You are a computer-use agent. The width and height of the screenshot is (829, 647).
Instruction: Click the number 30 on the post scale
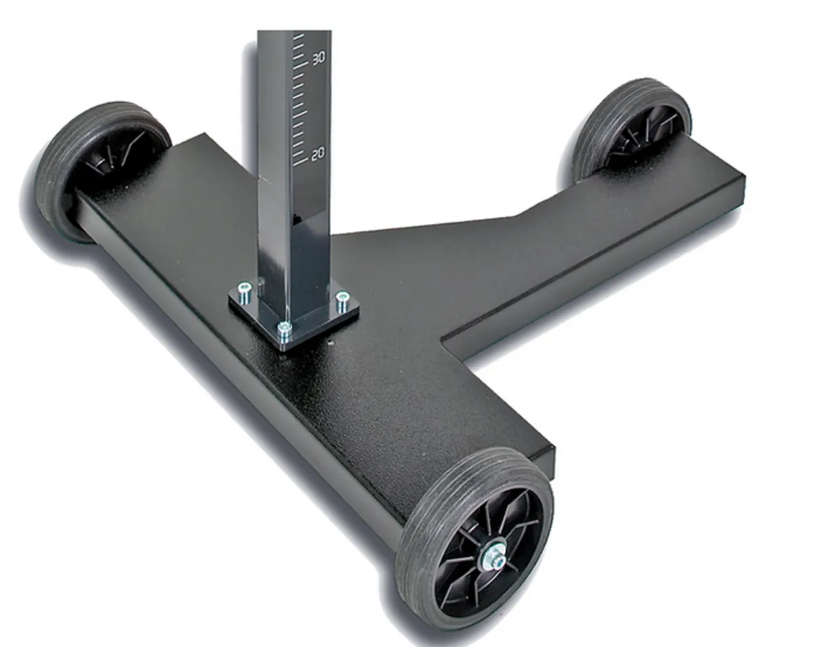[318, 58]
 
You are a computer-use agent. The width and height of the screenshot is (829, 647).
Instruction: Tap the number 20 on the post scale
[318, 154]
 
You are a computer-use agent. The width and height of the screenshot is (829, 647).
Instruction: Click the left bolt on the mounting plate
[243, 293]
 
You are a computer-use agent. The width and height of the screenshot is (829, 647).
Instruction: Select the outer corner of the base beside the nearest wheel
[553, 449]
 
